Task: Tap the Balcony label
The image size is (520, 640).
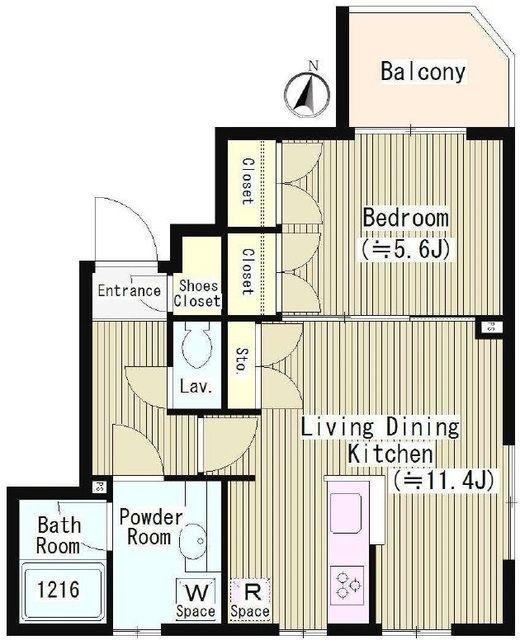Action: (423, 71)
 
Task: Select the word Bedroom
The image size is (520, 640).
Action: (405, 217)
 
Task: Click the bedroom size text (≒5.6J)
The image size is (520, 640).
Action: (405, 247)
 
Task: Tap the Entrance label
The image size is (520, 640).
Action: (130, 292)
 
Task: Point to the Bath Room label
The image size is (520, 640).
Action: (59, 535)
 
